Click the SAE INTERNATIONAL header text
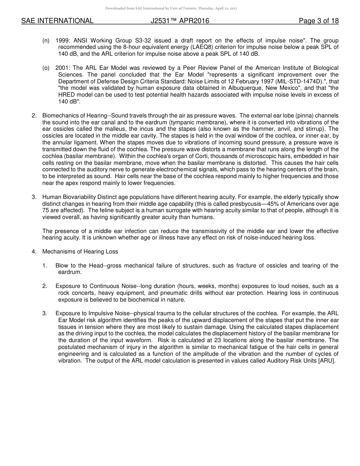click(x=57, y=21)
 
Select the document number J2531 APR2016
click(x=180, y=21)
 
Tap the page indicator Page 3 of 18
click(x=319, y=21)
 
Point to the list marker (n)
click(x=46, y=41)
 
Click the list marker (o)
click(x=46, y=68)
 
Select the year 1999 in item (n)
click(x=62, y=41)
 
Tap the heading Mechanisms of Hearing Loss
click(x=80, y=252)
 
